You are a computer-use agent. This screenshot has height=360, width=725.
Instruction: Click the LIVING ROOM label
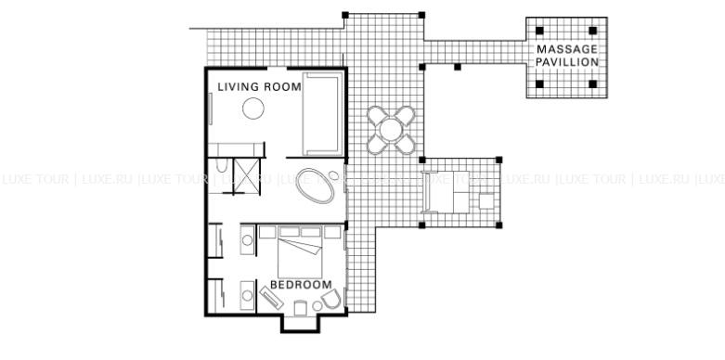pyautogui.click(x=259, y=87)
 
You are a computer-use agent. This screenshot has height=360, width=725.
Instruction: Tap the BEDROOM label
pyautogui.click(x=301, y=285)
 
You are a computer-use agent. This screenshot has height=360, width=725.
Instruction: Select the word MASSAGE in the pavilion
pyautogui.click(x=567, y=49)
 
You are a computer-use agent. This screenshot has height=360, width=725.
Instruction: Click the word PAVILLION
pyautogui.click(x=567, y=62)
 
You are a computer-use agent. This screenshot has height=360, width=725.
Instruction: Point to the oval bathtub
pyautogui.click(x=315, y=186)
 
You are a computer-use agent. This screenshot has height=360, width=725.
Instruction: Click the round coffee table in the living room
pyautogui.click(x=253, y=109)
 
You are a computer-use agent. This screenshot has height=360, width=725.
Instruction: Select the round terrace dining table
pyautogui.click(x=391, y=130)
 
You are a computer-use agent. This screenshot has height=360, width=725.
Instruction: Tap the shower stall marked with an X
pyautogui.click(x=247, y=176)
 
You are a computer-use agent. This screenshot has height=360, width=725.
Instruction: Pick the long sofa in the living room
pyautogui.click(x=323, y=114)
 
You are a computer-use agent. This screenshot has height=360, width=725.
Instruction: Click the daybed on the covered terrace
pyautogui.click(x=446, y=192)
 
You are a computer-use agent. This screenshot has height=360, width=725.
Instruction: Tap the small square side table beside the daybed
pyautogui.click(x=486, y=201)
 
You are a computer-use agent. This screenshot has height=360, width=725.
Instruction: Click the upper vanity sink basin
pyautogui.click(x=247, y=240)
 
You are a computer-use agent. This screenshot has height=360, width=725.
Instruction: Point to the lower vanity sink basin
pyautogui.click(x=247, y=295)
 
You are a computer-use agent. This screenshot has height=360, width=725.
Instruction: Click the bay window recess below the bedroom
pyautogui.click(x=301, y=324)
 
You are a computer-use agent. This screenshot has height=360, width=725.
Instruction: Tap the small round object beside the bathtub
pyautogui.click(x=333, y=175)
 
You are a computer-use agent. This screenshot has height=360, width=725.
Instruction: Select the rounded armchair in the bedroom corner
pyautogui.click(x=331, y=300)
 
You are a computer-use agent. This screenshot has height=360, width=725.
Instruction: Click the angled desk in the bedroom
pyautogui.click(x=272, y=298)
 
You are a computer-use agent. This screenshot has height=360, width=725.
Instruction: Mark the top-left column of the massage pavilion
pyautogui.click(x=539, y=31)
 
